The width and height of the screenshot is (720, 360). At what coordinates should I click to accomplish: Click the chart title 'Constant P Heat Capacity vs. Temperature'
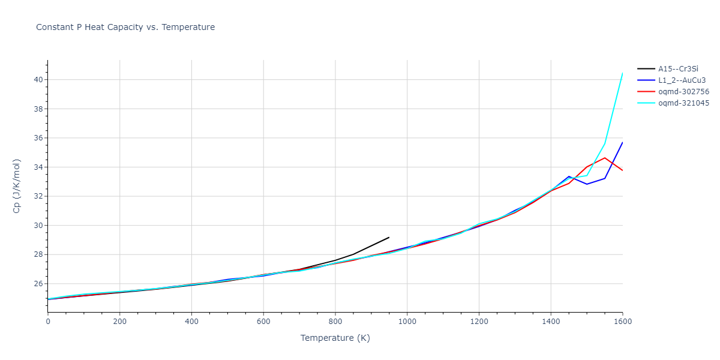point(125,27)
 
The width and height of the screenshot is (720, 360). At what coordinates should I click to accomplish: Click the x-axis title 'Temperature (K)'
point(335,338)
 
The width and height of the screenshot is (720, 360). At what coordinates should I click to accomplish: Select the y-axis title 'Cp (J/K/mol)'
point(16,186)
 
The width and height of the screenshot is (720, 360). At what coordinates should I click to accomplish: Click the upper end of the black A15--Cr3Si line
point(389,237)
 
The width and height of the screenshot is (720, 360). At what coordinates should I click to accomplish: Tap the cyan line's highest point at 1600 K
point(622,73)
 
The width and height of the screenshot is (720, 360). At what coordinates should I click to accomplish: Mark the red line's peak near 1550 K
point(604,158)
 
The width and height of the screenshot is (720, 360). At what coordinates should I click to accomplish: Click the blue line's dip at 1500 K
point(587,184)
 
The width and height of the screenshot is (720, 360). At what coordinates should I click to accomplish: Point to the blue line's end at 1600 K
point(622,142)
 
